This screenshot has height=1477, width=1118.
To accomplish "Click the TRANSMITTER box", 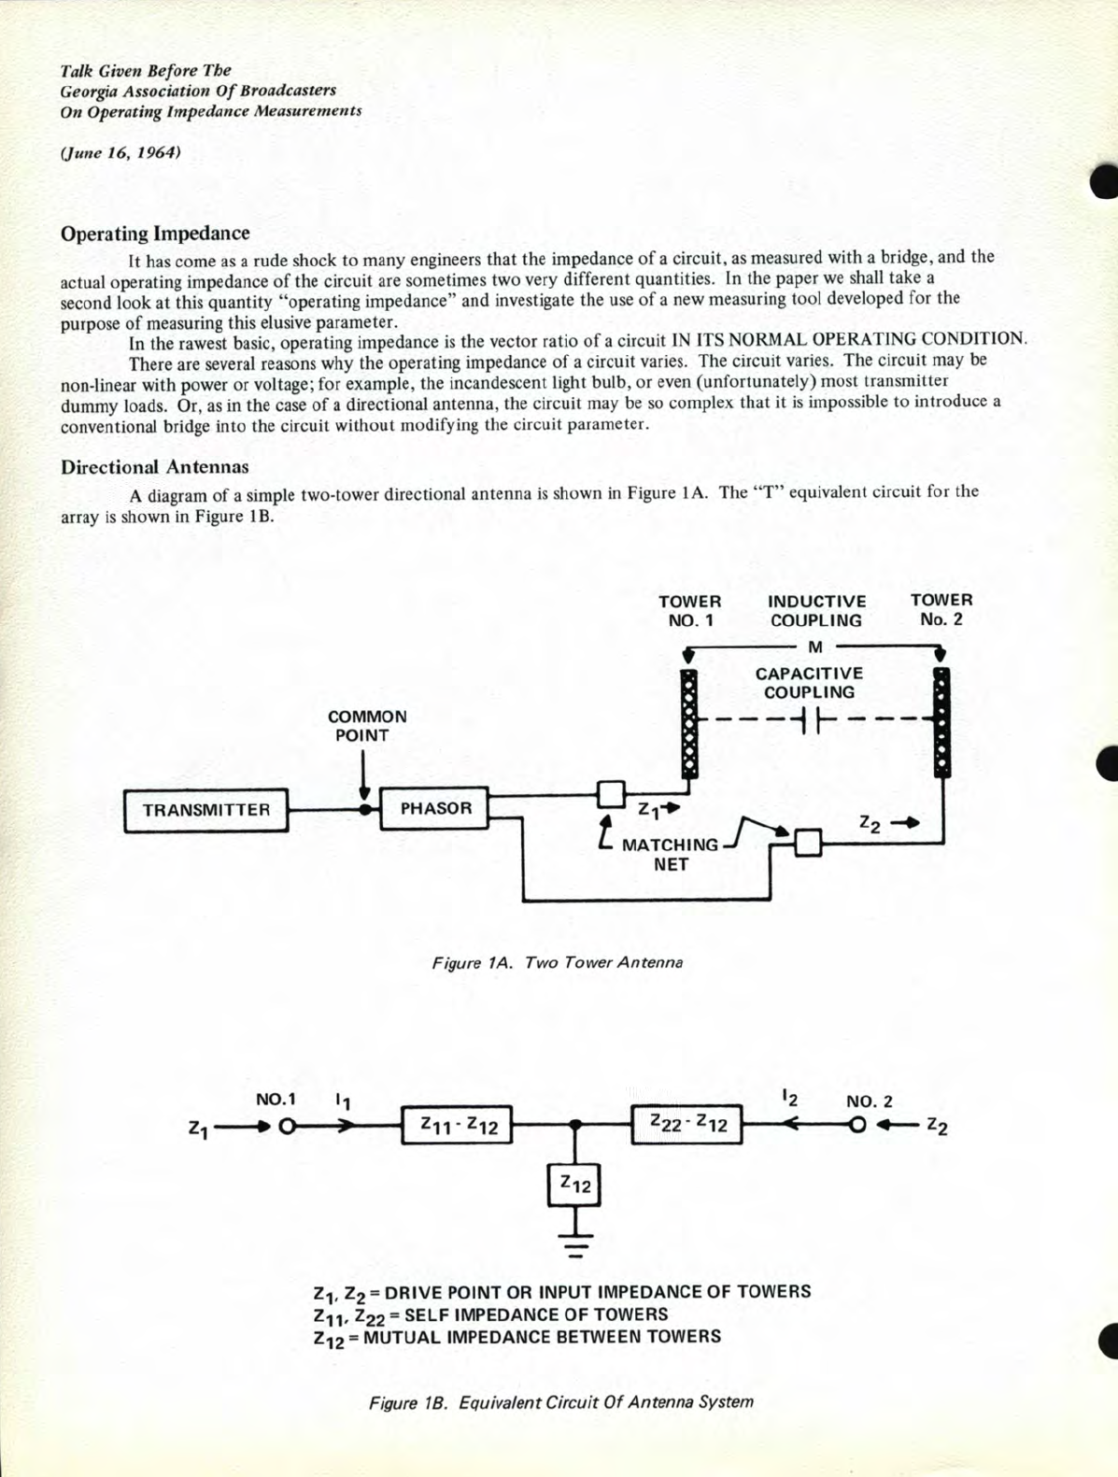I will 205,810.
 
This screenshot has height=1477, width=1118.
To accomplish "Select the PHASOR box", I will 434,809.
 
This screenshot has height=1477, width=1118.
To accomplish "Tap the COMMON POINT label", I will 366,726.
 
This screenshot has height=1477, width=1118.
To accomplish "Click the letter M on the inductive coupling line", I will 814,646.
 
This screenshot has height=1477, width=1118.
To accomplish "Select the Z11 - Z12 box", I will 458,1126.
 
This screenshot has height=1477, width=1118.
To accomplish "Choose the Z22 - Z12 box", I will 687,1124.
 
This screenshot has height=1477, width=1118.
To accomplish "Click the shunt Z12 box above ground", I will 574,1185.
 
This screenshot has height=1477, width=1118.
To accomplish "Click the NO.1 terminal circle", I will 286,1127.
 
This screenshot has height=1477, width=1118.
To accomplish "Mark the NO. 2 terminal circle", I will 857,1125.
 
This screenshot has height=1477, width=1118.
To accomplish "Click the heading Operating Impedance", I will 155,234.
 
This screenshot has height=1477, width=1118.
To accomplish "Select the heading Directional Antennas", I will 155,467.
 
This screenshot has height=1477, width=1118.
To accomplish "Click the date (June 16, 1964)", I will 120,152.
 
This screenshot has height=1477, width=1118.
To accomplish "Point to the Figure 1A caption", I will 557,962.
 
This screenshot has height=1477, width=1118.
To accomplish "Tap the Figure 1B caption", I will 560,1401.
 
